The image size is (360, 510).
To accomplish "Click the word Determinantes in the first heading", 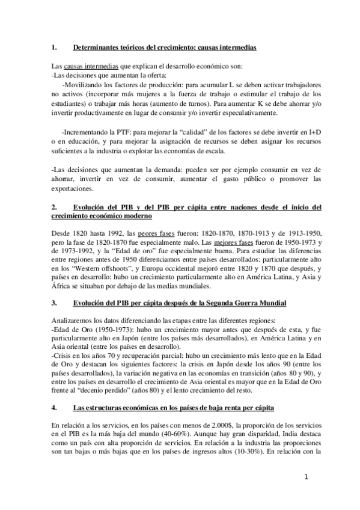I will [96, 46].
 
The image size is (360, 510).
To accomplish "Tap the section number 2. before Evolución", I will [55, 207].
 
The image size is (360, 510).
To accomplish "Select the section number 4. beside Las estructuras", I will [55, 392].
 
